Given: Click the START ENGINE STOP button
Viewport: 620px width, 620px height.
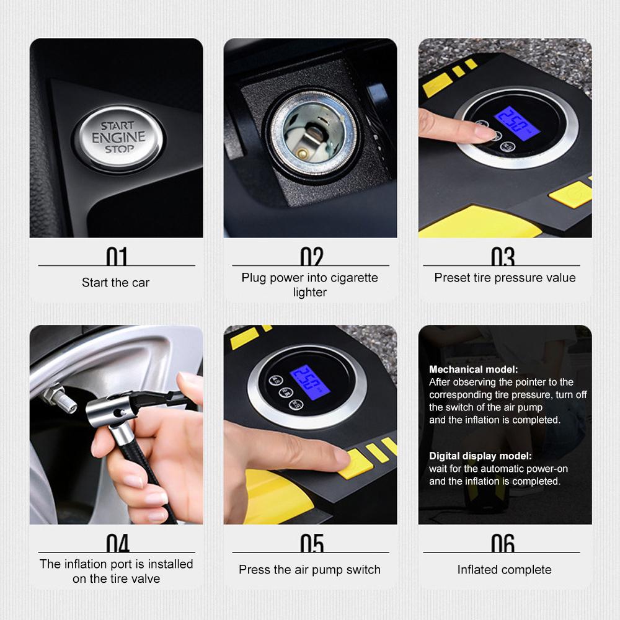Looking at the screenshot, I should click(118, 138).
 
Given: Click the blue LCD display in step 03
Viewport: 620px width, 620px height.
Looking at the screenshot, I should click(514, 123).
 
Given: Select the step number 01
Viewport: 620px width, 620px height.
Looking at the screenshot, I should click(117, 257).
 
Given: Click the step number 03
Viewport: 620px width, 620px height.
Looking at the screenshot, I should click(503, 257).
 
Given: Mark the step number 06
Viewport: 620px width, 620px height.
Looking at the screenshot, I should click(503, 543).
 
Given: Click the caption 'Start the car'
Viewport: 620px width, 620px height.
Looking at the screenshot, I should click(116, 283).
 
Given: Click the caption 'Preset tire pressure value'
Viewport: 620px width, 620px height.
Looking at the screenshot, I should click(505, 278).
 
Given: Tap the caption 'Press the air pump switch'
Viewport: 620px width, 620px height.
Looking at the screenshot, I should click(310, 570).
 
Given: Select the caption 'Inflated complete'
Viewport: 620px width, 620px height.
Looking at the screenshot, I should click(504, 570).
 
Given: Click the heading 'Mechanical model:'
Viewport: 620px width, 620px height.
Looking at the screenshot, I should click(473, 370).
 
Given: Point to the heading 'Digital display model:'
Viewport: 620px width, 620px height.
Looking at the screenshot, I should click(480, 456).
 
